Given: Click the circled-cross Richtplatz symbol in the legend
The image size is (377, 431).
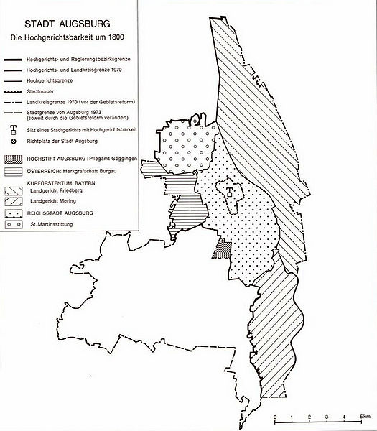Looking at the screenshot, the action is coord(14,141).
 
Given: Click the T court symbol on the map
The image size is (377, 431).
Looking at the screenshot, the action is coord(228,192).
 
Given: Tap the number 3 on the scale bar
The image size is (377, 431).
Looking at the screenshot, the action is coord(325,417).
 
